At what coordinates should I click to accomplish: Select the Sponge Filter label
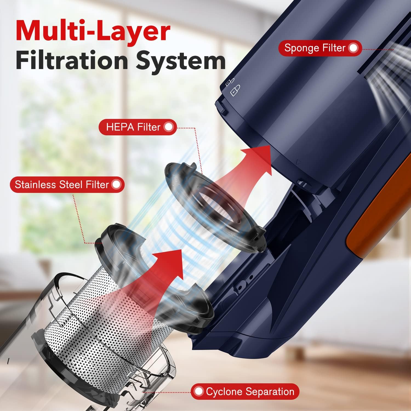[315, 48]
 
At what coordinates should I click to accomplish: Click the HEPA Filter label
[133, 127]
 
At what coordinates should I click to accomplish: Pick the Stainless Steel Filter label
[62, 184]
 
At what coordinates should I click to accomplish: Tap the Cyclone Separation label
[250, 392]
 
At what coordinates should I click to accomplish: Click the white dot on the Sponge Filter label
[354, 48]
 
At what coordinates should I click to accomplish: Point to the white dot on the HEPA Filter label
[169, 127]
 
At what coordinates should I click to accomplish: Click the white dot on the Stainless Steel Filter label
[116, 184]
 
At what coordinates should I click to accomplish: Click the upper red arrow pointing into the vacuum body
[247, 170]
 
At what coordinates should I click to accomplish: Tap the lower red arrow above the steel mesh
[164, 274]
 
